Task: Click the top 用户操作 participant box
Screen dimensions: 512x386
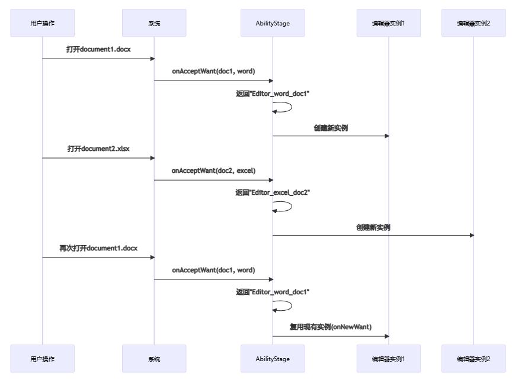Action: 43,23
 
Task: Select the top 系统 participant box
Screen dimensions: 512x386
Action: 154,23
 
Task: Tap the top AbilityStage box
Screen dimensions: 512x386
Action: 273,23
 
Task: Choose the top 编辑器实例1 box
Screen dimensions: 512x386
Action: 389,23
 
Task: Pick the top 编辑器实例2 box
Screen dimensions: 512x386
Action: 473,23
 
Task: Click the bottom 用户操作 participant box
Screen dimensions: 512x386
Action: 43,359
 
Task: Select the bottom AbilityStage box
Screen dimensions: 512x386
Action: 273,359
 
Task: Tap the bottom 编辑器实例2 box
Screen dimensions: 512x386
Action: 473,359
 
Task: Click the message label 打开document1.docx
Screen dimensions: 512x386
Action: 98,49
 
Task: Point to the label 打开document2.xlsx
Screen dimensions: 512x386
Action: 98,149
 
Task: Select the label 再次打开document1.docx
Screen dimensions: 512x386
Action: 98,248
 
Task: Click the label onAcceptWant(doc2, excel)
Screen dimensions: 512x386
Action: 213,171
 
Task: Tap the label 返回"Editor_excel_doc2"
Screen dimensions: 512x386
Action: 273,192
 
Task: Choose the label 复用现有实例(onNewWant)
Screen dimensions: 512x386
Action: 331,327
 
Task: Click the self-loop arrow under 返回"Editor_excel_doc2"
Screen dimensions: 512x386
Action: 292,206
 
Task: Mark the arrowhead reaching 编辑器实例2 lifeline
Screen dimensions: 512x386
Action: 472,235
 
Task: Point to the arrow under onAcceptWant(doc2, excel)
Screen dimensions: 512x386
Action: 213,180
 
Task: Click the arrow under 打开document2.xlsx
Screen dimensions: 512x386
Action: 98,158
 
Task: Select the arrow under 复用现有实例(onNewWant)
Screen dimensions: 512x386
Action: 331,336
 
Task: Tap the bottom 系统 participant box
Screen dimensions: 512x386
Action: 154,359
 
